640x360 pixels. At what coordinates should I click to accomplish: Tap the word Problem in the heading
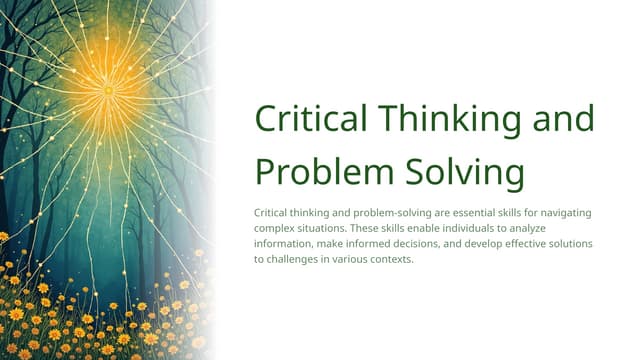coord(316,171)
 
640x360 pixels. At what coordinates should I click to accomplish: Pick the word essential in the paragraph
coord(479,214)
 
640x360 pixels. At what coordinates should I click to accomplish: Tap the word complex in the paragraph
coord(276,229)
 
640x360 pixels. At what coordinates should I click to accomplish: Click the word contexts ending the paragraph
coord(390,259)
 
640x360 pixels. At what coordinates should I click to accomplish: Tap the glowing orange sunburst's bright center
coord(108,90)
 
